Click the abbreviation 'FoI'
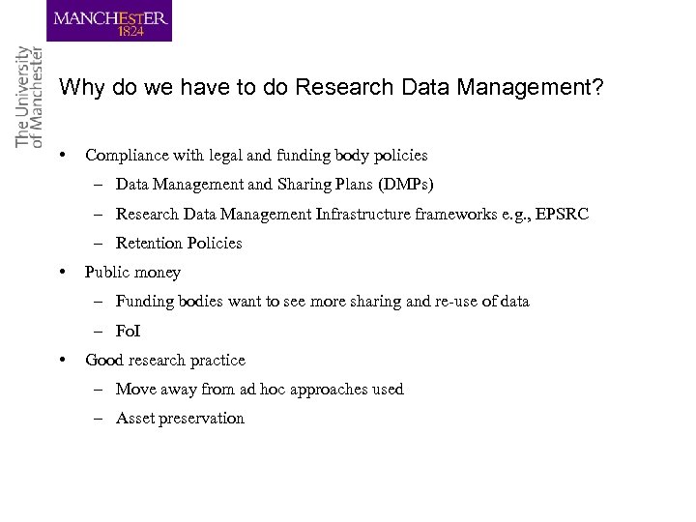pos(128,331)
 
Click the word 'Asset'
pos(134,419)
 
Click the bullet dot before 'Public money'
pos(62,272)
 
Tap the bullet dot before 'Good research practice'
pos(62,360)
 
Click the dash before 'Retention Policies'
pos(101,244)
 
